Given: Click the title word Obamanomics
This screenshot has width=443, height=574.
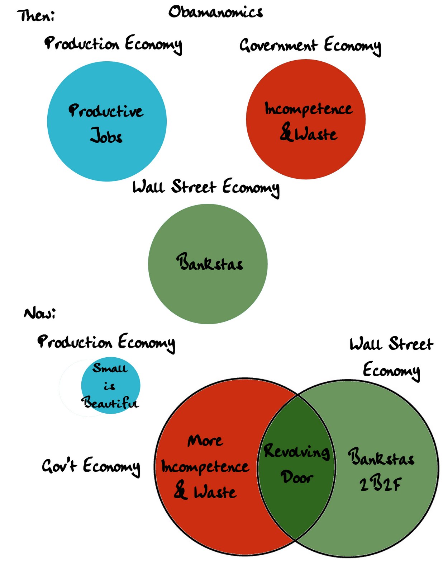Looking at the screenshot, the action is [x=215, y=12].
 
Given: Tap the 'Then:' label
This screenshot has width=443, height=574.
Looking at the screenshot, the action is [x=36, y=16].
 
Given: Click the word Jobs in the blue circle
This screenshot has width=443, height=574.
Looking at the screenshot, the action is [x=106, y=136].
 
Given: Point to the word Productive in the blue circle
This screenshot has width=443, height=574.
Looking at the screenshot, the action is [x=106, y=111].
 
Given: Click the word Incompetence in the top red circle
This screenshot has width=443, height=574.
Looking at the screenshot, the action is [x=308, y=109].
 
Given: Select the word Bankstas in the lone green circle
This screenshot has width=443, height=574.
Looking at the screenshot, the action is [x=209, y=262].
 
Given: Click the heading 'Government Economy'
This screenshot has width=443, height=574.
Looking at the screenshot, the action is [x=310, y=46].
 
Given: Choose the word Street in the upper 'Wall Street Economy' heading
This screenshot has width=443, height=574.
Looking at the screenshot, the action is [x=194, y=187].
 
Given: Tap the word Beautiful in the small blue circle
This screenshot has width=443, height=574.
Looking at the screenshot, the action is [x=110, y=403].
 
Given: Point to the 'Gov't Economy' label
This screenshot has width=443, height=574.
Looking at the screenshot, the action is [x=91, y=466].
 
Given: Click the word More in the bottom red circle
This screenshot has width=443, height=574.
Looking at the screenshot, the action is [x=205, y=441].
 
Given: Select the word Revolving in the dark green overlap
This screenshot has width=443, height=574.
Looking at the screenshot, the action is [x=296, y=451].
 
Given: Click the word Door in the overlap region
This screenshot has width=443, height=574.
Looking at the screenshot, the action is [x=297, y=477].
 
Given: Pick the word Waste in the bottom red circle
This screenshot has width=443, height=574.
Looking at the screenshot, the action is [x=215, y=492].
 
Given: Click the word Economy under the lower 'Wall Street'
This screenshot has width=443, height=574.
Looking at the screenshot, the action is [x=391, y=371].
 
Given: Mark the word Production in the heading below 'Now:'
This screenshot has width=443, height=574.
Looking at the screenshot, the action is [x=75, y=342].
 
